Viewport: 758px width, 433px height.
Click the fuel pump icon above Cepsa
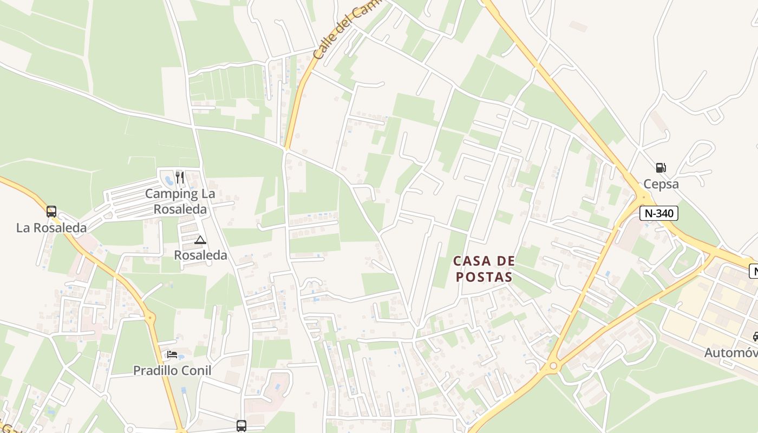click(661, 168)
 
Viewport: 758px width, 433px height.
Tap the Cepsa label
click(661, 184)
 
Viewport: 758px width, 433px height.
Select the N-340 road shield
click(658, 213)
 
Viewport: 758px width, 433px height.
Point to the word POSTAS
click(483, 277)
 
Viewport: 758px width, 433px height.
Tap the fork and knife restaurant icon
click(180, 178)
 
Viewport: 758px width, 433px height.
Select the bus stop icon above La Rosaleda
click(51, 212)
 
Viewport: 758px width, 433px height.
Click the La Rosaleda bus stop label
click(51, 228)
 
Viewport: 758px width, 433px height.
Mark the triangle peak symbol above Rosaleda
click(200, 240)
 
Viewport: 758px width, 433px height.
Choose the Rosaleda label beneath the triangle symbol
click(200, 255)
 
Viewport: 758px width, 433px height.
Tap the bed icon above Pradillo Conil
click(172, 355)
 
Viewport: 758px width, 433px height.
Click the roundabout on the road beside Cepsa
click(643, 196)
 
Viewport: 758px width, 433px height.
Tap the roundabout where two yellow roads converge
click(553, 366)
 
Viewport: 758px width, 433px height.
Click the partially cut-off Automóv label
click(730, 353)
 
